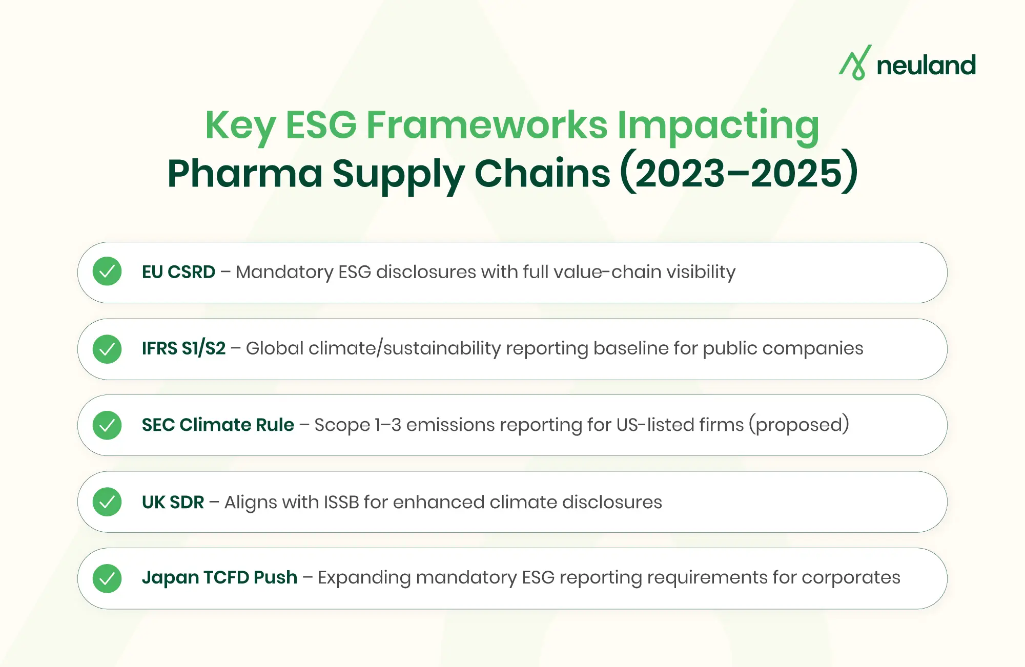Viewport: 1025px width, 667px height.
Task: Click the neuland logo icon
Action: (x=855, y=63)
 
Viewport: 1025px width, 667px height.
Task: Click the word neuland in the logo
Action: (x=926, y=66)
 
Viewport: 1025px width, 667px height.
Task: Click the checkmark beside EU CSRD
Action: (x=107, y=272)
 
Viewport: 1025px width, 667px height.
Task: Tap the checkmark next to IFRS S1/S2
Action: (x=107, y=349)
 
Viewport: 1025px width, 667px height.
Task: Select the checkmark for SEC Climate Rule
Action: (x=107, y=425)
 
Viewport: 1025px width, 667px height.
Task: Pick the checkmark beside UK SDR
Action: (x=107, y=502)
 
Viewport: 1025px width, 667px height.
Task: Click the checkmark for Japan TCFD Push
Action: (x=107, y=578)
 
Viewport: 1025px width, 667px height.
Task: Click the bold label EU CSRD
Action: (x=178, y=272)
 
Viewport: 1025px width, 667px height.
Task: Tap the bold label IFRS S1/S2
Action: (x=183, y=348)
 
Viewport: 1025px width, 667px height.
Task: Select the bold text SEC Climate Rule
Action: (x=218, y=425)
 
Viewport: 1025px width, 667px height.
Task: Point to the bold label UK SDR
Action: (x=173, y=502)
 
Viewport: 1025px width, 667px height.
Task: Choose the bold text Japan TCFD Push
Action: (x=219, y=577)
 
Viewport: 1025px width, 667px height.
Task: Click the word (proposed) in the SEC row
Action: (x=798, y=425)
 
